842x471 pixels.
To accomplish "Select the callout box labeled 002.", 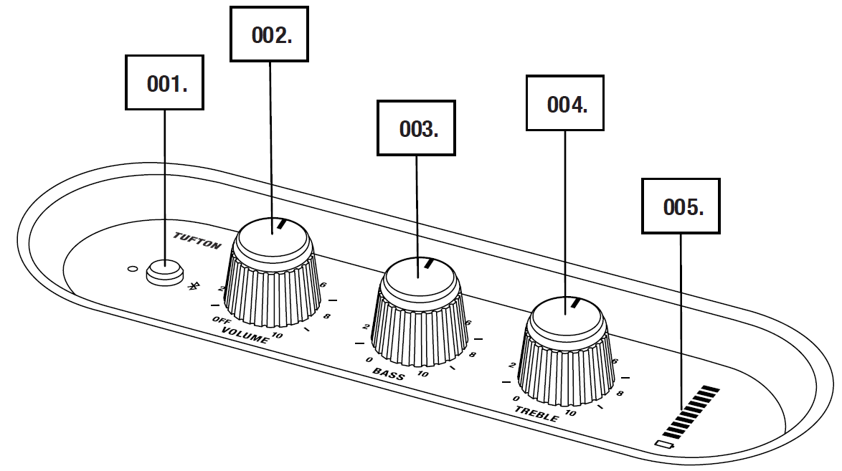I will (269, 34).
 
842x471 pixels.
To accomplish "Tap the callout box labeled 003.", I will (416, 128).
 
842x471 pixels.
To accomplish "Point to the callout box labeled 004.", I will (564, 104).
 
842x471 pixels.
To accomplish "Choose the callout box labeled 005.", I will (681, 206).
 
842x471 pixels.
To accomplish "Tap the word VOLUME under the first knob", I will (245, 334).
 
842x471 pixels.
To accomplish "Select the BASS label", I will (389, 374).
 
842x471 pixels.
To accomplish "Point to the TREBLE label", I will (536, 414).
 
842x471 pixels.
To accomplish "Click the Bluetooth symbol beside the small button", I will (192, 286).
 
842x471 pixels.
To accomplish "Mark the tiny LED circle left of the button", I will (132, 270).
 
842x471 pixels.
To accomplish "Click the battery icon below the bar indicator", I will (665, 444).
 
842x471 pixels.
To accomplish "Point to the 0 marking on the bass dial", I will (369, 359).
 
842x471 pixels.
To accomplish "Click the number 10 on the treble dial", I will (571, 413).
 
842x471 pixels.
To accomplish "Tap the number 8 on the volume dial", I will (326, 315).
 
